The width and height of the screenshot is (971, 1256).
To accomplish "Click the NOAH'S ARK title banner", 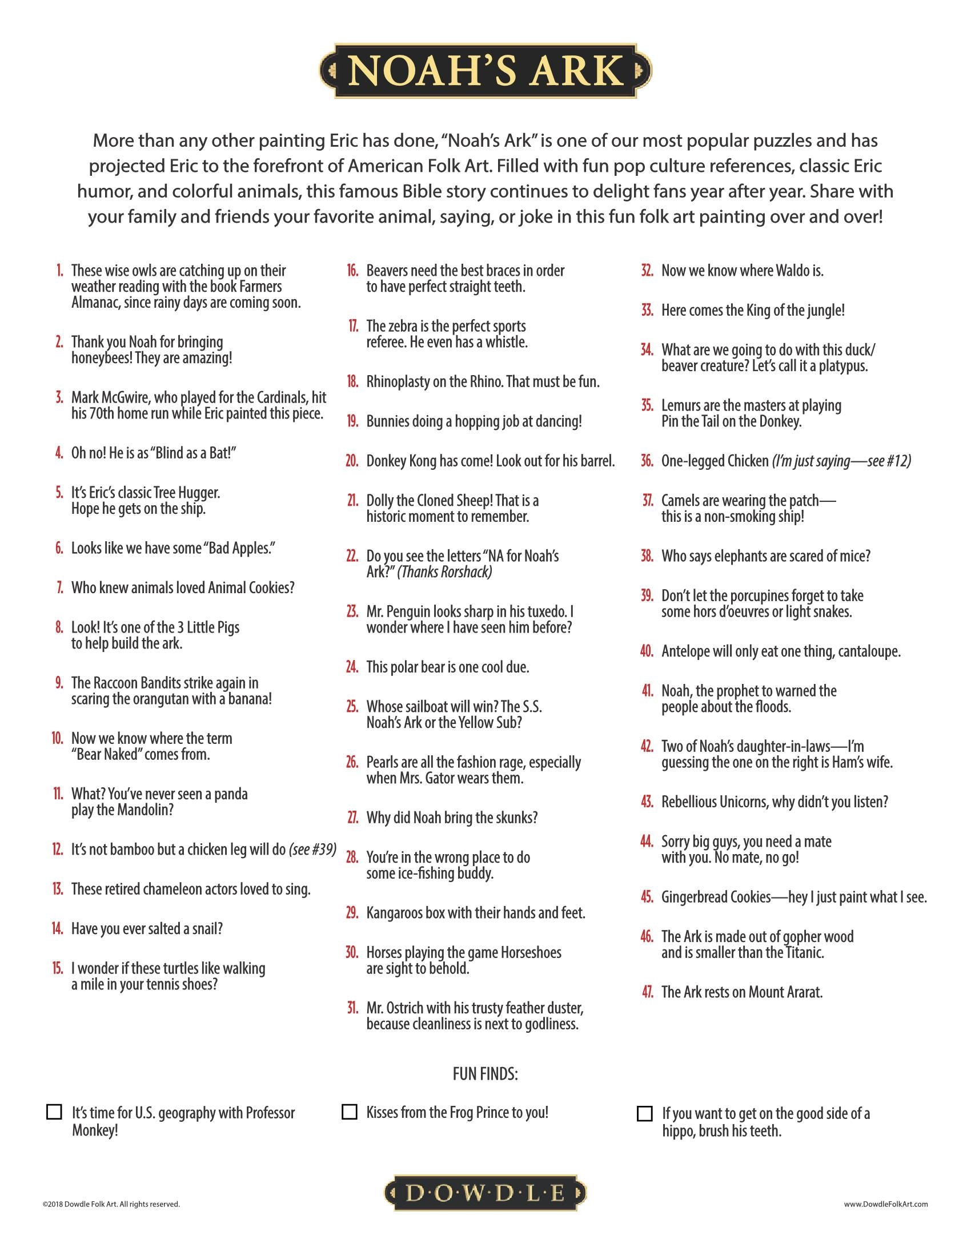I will coord(485,71).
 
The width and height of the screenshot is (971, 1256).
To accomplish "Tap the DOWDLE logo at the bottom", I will coord(485,1192).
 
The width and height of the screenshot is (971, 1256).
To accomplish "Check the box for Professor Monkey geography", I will coord(54,1111).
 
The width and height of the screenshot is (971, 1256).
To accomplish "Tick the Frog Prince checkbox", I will coord(349,1111).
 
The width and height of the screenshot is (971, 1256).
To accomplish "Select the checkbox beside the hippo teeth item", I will coord(644,1113).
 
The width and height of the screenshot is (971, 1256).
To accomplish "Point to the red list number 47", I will coord(647,992).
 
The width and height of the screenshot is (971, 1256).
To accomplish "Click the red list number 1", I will coord(59,270).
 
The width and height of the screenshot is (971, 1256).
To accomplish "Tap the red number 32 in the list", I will coord(647,270).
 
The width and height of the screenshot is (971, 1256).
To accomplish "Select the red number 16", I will coord(352,270).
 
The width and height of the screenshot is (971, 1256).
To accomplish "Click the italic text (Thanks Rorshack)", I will coord(444,571).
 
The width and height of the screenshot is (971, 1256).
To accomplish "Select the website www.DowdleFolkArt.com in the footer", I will coord(886,1203).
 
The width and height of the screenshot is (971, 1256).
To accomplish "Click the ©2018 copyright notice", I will coord(111,1203).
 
